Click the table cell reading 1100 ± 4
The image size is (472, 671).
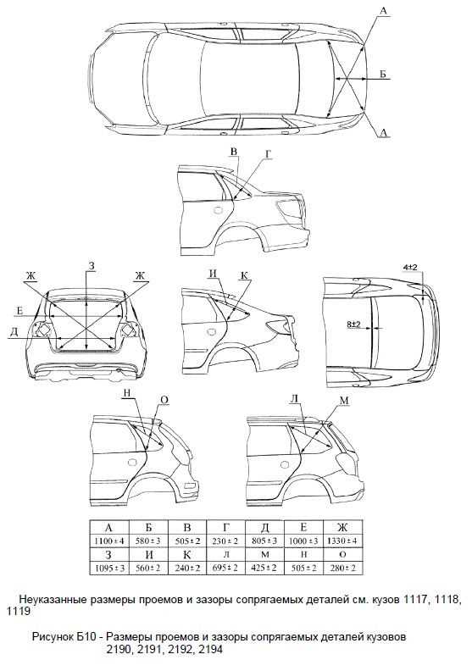coord(109,541)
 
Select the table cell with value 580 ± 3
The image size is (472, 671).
coord(148,541)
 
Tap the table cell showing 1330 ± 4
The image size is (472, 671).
coord(342,541)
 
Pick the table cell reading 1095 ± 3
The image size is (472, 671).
coord(109,568)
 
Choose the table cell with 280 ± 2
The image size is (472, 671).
coord(342,568)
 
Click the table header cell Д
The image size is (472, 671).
coord(265,527)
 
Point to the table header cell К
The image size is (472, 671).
coord(187,555)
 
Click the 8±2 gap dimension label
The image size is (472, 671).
coord(353,324)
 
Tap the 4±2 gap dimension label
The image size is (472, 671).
coord(410,267)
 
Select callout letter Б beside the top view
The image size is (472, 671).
coord(383,74)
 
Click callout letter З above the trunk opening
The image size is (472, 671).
coord(92,266)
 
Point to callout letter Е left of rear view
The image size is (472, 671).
coord(19,311)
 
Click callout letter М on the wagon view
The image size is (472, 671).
coord(344,401)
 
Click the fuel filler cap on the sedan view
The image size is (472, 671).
coord(218,210)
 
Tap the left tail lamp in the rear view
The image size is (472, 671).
coord(42,329)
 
